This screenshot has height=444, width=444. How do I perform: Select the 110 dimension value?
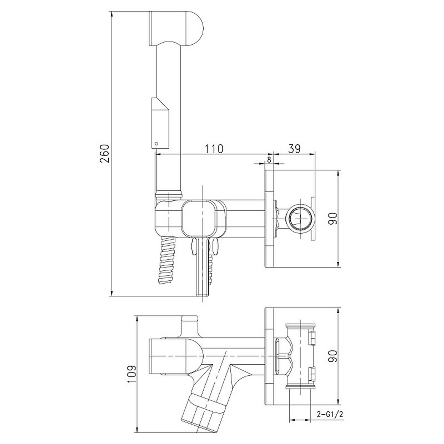tap(214, 149)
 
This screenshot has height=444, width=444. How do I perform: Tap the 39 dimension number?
tap(294, 149)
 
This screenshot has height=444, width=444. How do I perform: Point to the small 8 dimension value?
tap(269, 159)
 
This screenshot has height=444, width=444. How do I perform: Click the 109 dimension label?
tap(131, 374)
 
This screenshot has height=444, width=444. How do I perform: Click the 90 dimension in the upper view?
tap(334, 218)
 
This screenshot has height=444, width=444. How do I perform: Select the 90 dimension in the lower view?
tap(334, 356)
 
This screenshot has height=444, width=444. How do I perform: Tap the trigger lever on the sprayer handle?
tap(160, 123)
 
